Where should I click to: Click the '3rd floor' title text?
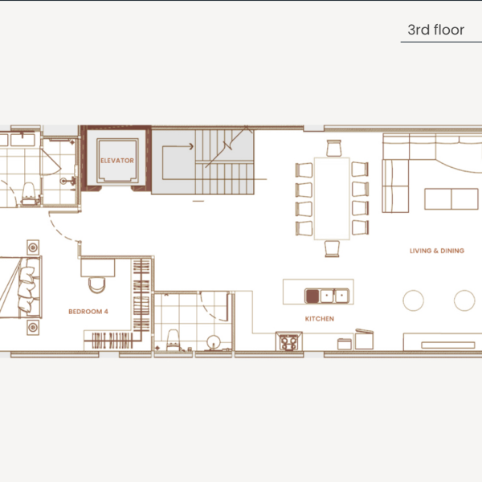coord(435,31)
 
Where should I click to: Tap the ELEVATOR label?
coord(116,161)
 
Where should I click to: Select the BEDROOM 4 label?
coord(88,311)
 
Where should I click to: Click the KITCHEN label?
coord(319,319)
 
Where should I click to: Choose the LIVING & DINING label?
coord(436,251)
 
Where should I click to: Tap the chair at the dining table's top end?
coord(333,148)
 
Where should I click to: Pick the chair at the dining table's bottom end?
coord(333,248)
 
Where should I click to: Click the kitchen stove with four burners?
coord(288,342)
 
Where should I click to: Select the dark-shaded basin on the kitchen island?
coord(312,296)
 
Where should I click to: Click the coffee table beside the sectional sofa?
coord(450,198)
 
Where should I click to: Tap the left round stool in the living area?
coord(413,300)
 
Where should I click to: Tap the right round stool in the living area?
coord(464,300)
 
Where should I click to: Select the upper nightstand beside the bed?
coord(33,246)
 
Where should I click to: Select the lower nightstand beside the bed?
coord(33,328)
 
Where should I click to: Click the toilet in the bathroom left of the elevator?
coord(28,191)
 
